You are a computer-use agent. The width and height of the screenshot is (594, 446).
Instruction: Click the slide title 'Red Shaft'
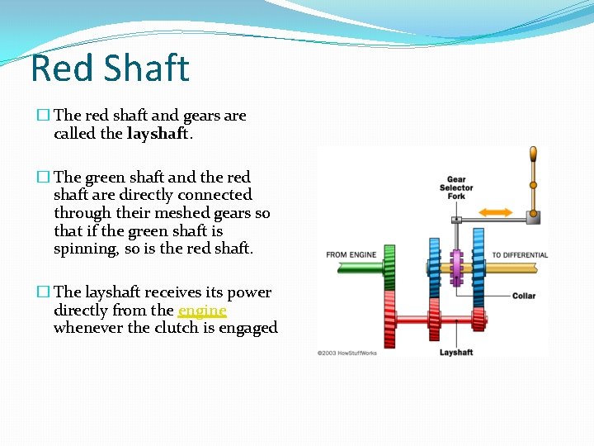tap(110, 68)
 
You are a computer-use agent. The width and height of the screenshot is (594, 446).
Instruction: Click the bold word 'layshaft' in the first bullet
tap(159, 134)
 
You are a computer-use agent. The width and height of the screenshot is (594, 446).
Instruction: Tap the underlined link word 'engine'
tap(202, 311)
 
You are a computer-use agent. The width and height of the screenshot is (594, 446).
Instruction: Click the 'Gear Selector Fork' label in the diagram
tap(456, 187)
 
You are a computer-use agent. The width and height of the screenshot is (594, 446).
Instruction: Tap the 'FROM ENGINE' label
tap(351, 255)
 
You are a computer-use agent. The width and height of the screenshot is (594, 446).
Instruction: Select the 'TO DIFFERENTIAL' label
tap(520, 255)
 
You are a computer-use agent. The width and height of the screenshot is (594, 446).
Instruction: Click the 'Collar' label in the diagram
tap(523, 296)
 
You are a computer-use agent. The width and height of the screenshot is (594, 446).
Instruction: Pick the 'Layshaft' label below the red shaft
tap(455, 353)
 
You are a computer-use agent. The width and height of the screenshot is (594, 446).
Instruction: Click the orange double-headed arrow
tap(495, 212)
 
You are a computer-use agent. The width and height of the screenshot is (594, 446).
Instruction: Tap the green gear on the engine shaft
tap(390, 266)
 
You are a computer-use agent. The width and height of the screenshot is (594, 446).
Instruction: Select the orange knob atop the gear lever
tap(533, 154)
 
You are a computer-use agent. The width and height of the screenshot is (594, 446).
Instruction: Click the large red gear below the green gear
tap(390, 318)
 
